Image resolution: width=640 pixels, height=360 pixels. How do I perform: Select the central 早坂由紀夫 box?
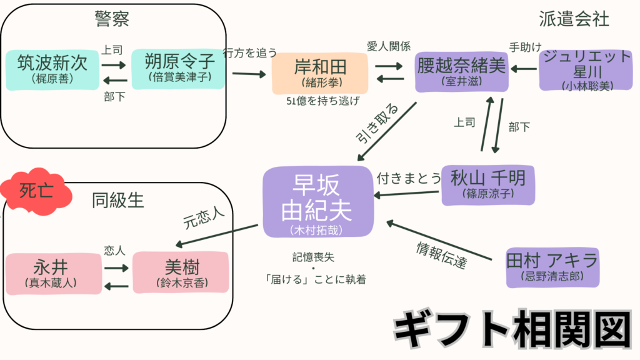click(318, 202)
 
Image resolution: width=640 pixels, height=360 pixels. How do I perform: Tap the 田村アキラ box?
click(552, 266)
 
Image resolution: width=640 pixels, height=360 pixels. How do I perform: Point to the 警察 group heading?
click(112, 19)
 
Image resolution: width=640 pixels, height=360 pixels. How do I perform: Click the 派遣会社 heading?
click(574, 19)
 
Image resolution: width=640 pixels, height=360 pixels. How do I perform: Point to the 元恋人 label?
click(204, 217)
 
